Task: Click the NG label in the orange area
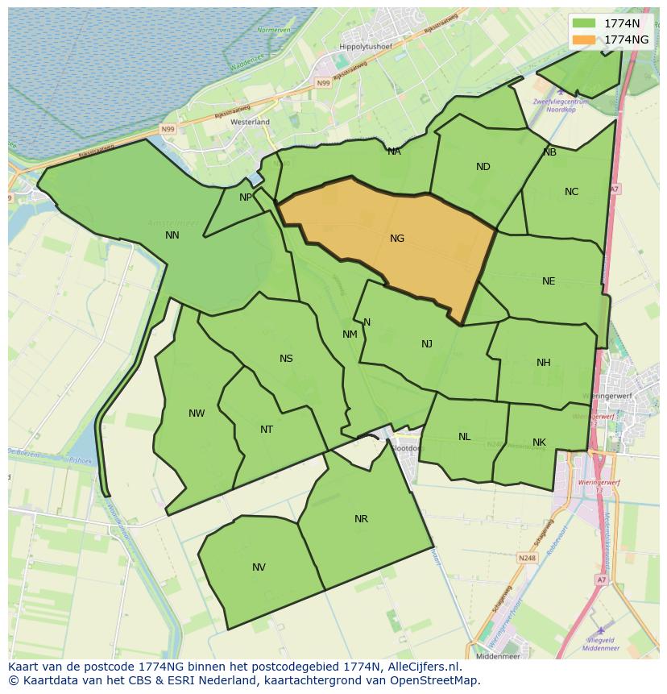(x=397, y=239)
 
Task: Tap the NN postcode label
(x=172, y=235)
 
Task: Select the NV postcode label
(x=259, y=567)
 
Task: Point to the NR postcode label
(x=361, y=519)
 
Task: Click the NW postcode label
(x=197, y=413)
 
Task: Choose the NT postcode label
(x=267, y=430)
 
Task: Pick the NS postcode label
(x=286, y=359)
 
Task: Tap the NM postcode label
(x=350, y=335)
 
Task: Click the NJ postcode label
(x=427, y=344)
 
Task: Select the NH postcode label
(x=544, y=363)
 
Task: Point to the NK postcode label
(x=539, y=443)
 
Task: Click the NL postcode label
(x=465, y=437)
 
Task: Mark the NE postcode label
(x=549, y=281)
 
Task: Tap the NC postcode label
(x=571, y=192)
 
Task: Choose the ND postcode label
(x=483, y=167)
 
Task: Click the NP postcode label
(x=246, y=197)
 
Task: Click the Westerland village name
(x=250, y=122)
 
